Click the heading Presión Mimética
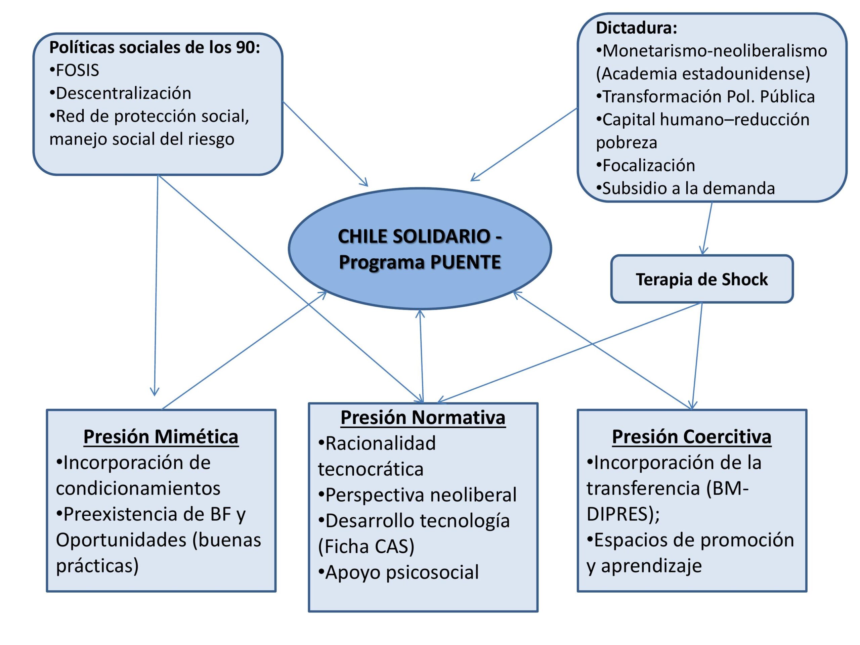tap(161, 437)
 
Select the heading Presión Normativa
tap(423, 418)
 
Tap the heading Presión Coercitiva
tap(691, 437)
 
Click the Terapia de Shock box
tap(702, 279)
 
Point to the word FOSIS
tap(77, 70)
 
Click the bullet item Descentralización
tap(123, 93)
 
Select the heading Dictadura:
tap(637, 28)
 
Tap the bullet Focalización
tap(648, 166)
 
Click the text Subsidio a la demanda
tap(688, 188)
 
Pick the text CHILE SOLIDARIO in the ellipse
tap(415, 236)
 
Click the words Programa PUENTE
tap(420, 262)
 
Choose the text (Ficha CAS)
tap(366, 546)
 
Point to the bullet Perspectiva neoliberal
tap(421, 495)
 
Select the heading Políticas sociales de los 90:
tap(154, 47)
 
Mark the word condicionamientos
tap(138, 488)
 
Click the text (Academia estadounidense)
tap(703, 74)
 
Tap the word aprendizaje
tap(651, 566)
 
